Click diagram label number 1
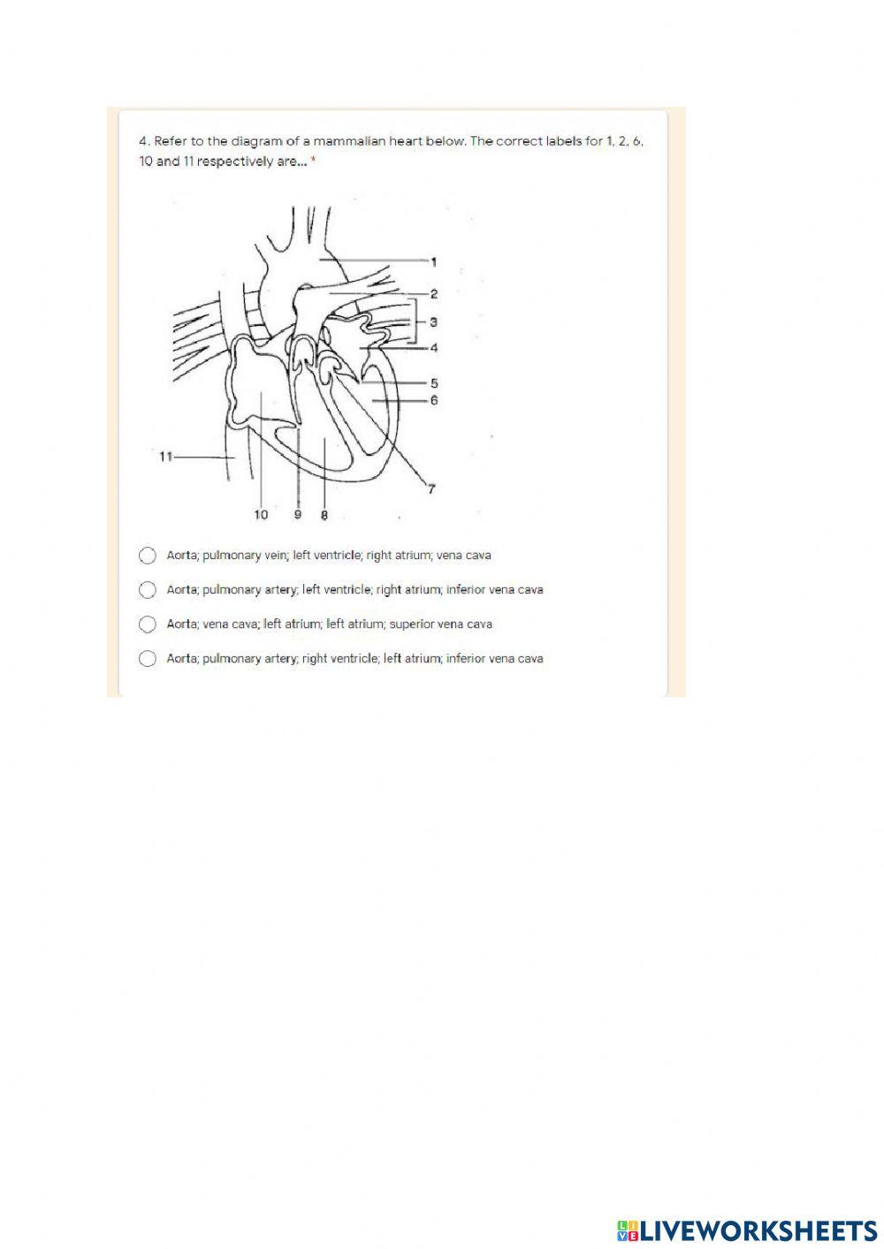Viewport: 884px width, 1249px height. coord(434,261)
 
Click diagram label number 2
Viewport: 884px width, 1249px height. coord(434,293)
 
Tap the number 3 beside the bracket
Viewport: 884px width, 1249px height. coord(433,322)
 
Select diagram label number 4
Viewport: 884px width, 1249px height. coord(434,348)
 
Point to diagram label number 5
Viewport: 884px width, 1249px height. coord(434,383)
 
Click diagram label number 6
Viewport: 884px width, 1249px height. coord(434,400)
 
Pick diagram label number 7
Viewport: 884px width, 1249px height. coord(431,488)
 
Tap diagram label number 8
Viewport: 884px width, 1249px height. coord(324,515)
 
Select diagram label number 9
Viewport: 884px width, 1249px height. coord(297,514)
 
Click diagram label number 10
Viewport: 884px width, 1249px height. coord(261,514)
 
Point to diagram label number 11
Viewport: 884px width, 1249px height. coord(164,457)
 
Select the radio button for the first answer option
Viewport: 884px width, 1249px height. coord(148,556)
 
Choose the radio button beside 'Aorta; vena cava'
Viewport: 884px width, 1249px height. coord(148,624)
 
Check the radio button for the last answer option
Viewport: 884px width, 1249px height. coord(148,659)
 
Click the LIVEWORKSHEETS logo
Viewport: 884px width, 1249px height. coord(747,1230)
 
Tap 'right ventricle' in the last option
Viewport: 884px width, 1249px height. coord(340,659)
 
